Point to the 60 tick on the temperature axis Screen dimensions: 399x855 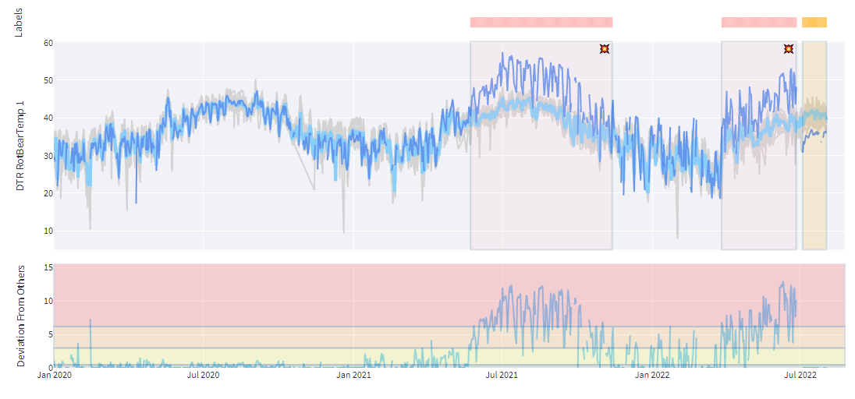click(x=47, y=43)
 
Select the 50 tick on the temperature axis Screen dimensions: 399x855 click(x=47, y=80)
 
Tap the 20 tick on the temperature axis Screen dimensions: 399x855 click(x=47, y=193)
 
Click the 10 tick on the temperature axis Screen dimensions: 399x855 click(x=47, y=231)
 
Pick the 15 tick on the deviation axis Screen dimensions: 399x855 click(x=47, y=267)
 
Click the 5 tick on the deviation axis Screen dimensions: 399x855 click(x=48, y=334)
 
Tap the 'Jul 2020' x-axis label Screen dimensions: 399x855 click(x=203, y=376)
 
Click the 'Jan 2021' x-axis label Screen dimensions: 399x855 click(x=353, y=376)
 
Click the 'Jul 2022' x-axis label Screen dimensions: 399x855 click(x=800, y=376)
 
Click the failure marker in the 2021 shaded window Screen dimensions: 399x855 click(x=605, y=49)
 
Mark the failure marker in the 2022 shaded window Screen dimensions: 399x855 click(x=789, y=49)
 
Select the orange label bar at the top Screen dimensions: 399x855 click(x=814, y=23)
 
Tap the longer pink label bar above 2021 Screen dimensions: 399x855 click(x=541, y=23)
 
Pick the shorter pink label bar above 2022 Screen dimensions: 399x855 click(x=759, y=23)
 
